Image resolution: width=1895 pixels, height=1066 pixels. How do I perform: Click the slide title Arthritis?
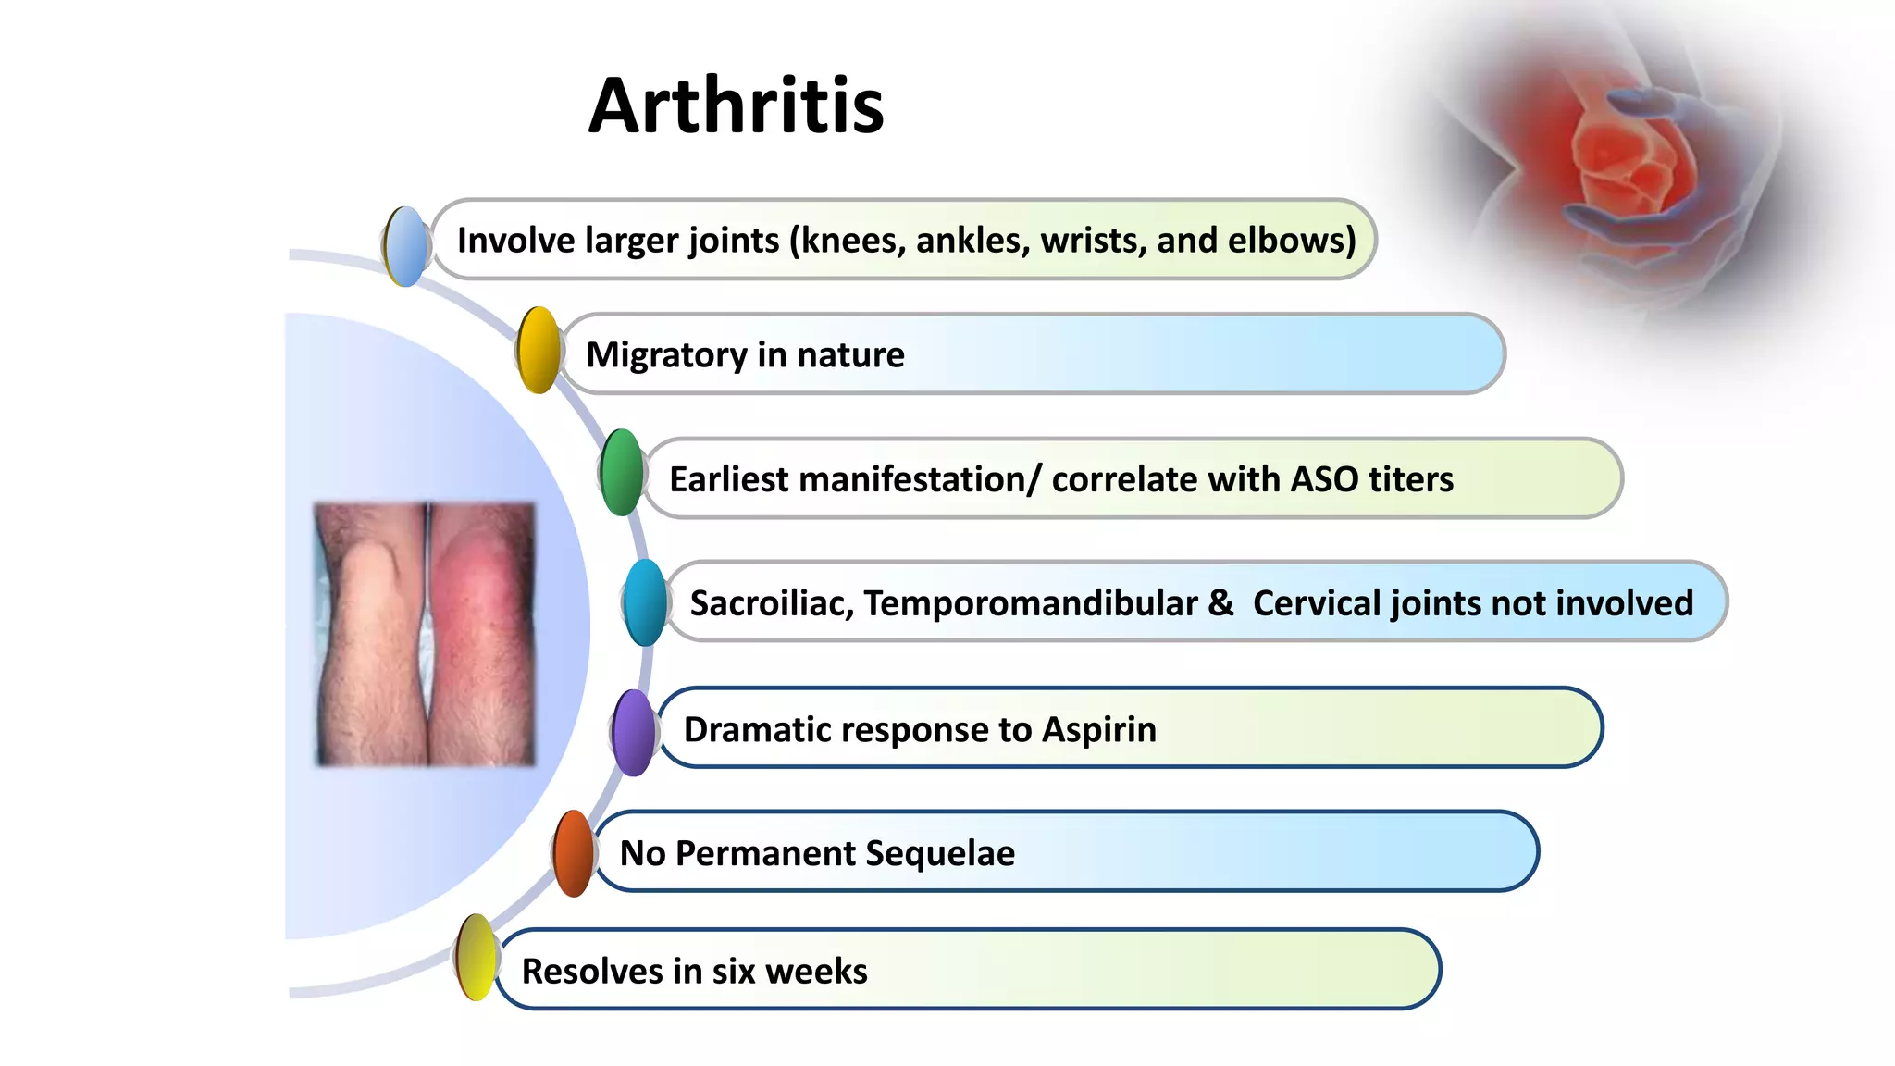(x=737, y=105)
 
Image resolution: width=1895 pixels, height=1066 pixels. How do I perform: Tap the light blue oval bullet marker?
(x=406, y=246)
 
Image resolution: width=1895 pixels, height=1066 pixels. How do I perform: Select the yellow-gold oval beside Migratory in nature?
(x=539, y=351)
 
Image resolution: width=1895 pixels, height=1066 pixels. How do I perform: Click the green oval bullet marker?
(x=621, y=473)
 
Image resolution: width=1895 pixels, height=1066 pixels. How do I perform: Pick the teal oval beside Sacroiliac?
(x=645, y=602)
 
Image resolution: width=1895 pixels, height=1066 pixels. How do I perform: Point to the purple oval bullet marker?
(x=634, y=733)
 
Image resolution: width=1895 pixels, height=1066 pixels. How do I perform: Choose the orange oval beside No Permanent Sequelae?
(x=574, y=853)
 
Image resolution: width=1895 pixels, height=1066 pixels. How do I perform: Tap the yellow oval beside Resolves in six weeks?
(x=477, y=958)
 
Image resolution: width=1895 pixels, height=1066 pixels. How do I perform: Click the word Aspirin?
(x=1099, y=730)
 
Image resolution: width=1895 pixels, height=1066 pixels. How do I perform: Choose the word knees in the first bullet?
(x=851, y=241)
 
